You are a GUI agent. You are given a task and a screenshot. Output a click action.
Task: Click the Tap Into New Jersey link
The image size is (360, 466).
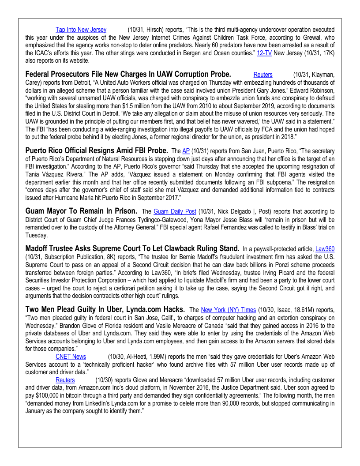pos(81,30)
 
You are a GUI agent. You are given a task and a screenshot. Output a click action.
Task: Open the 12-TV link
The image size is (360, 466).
pos(265,52)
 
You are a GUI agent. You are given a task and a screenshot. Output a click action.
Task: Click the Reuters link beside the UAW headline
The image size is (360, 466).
pos(262,75)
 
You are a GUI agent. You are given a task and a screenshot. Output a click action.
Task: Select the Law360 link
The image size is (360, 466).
pos(325,249)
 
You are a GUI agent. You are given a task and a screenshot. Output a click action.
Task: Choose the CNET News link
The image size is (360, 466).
pos(71,356)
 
